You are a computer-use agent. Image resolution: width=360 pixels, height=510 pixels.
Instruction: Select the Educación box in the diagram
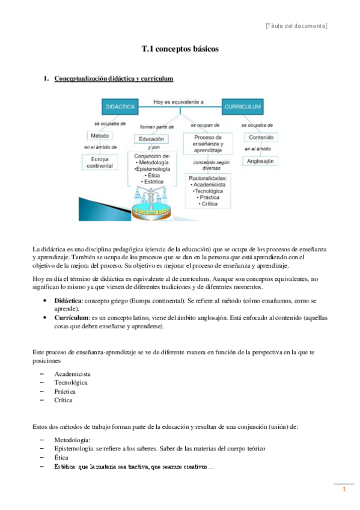click(151, 139)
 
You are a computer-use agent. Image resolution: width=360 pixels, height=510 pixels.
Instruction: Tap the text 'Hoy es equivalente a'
click(178, 102)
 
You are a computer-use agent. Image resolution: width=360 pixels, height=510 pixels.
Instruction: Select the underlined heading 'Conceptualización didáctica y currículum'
click(114, 78)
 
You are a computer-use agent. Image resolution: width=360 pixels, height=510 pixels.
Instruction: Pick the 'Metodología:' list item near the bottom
click(72, 440)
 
